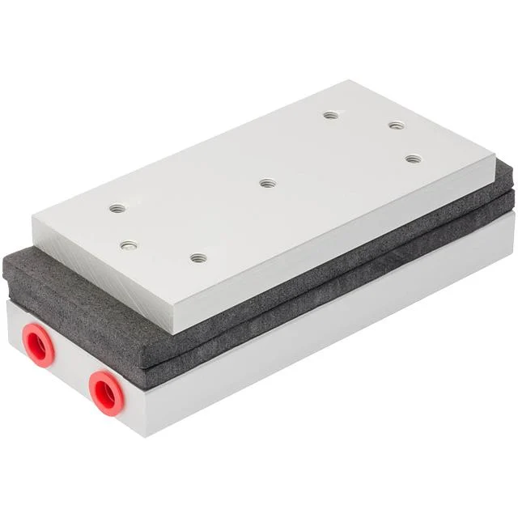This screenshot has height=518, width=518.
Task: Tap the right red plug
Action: pos(104,393)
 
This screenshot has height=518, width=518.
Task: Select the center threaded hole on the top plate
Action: pos(267,183)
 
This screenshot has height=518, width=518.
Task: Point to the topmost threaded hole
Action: pos(330,115)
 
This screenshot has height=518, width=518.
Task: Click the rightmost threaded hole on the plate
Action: pos(414,159)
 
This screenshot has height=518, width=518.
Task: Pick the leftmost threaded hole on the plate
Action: pos(117,208)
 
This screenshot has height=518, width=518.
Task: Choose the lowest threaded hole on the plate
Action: pos(198,258)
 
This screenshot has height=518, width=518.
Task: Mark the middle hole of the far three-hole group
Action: pos(396,125)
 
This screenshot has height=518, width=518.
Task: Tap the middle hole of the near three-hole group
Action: pos(129,245)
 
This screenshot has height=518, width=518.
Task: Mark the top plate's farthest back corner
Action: pos(350,80)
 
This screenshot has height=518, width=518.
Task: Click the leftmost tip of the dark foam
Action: pos(4,271)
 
